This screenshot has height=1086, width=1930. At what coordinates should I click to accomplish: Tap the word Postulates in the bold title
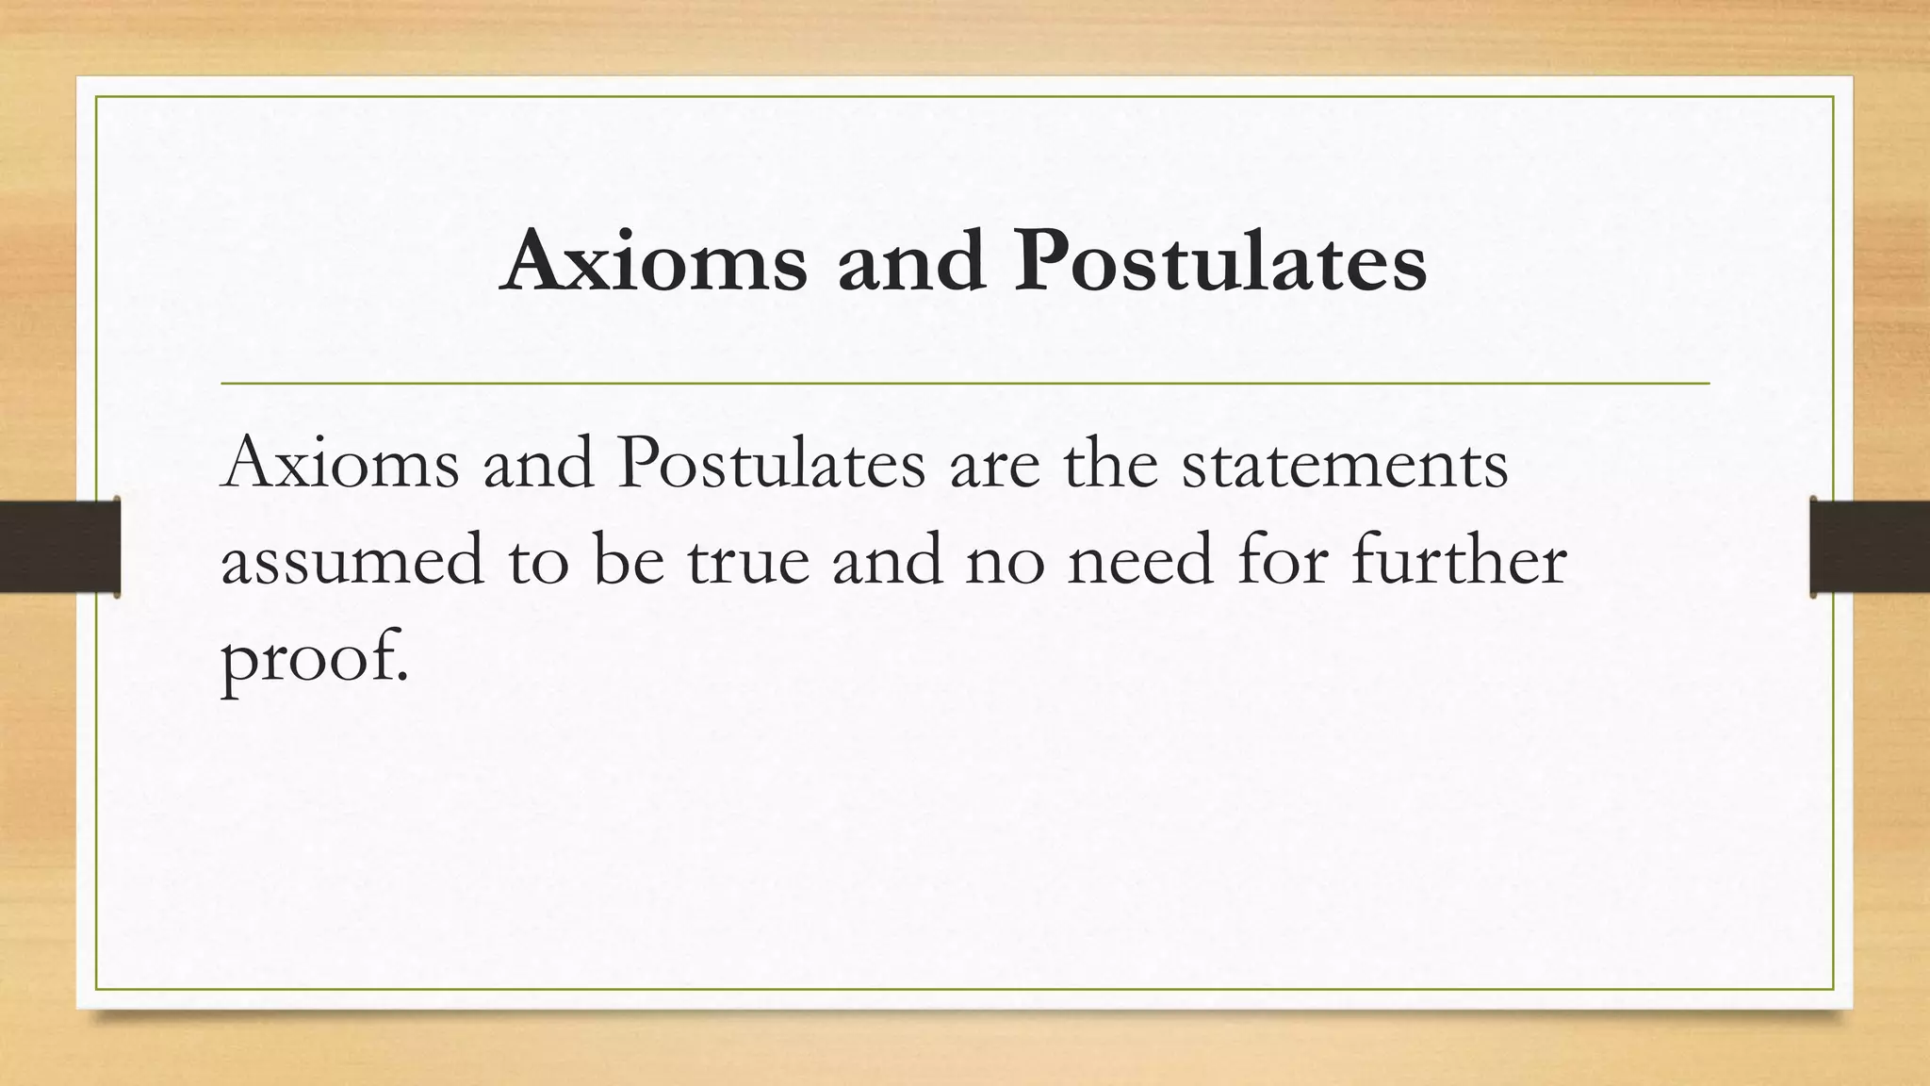coord(1220,260)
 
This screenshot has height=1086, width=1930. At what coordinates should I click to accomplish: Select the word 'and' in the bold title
coord(911,260)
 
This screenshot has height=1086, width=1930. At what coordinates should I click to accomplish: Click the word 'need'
coord(1139,559)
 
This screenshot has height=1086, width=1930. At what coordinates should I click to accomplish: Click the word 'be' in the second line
coord(629,559)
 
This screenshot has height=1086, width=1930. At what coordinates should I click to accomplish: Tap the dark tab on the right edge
coord(1870,547)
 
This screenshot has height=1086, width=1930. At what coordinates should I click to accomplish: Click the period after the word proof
coord(402,675)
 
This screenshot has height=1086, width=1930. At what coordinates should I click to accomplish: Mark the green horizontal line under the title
coord(965,384)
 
